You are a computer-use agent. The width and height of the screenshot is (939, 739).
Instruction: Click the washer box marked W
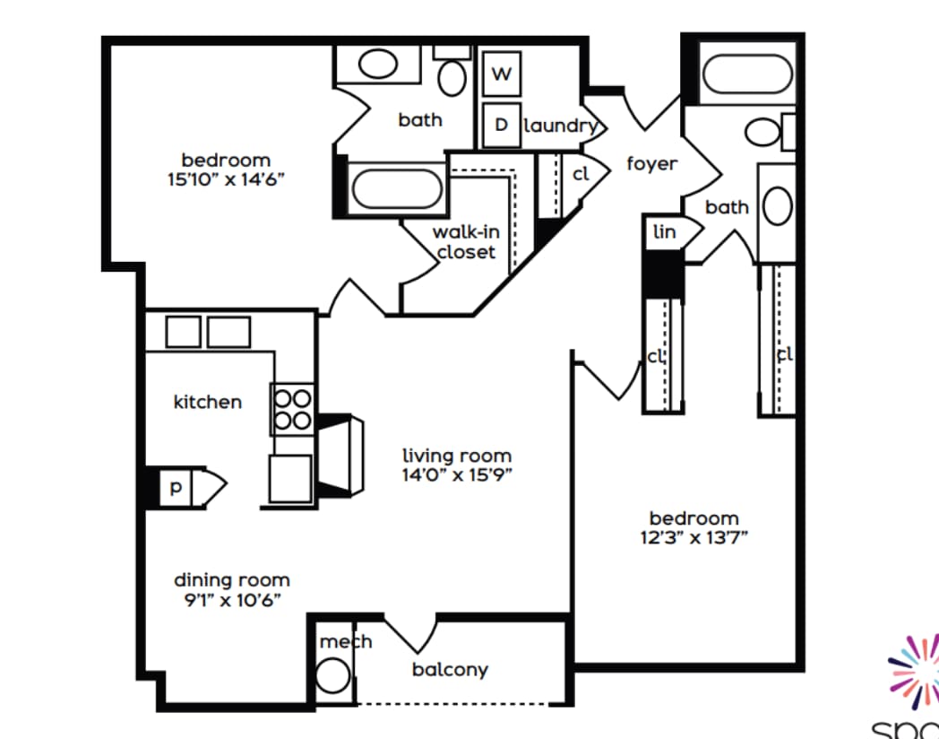(x=502, y=74)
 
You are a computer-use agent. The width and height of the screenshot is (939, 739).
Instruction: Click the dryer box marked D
(x=502, y=125)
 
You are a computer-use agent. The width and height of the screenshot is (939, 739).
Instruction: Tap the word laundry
(x=560, y=126)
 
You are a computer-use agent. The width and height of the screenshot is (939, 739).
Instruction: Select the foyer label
(x=651, y=164)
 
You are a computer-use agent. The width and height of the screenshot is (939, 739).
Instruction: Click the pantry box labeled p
(x=176, y=488)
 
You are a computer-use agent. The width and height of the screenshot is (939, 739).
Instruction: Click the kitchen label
(x=207, y=402)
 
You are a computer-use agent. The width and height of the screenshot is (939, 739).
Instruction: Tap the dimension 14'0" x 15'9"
(x=457, y=475)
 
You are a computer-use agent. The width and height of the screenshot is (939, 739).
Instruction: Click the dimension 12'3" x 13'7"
(x=693, y=538)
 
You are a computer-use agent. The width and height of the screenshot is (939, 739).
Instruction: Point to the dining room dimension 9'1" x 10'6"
(x=231, y=600)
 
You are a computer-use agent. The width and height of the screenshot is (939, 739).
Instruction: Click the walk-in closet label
(x=466, y=242)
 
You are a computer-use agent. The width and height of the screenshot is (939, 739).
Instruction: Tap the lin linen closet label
(x=664, y=232)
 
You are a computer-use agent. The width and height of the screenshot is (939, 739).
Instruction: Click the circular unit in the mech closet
(x=332, y=676)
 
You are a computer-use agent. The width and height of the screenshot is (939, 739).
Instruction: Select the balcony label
(x=450, y=670)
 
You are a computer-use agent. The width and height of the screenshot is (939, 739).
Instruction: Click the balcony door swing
(x=410, y=635)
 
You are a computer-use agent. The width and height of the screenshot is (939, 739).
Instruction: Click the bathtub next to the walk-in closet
(x=395, y=189)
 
